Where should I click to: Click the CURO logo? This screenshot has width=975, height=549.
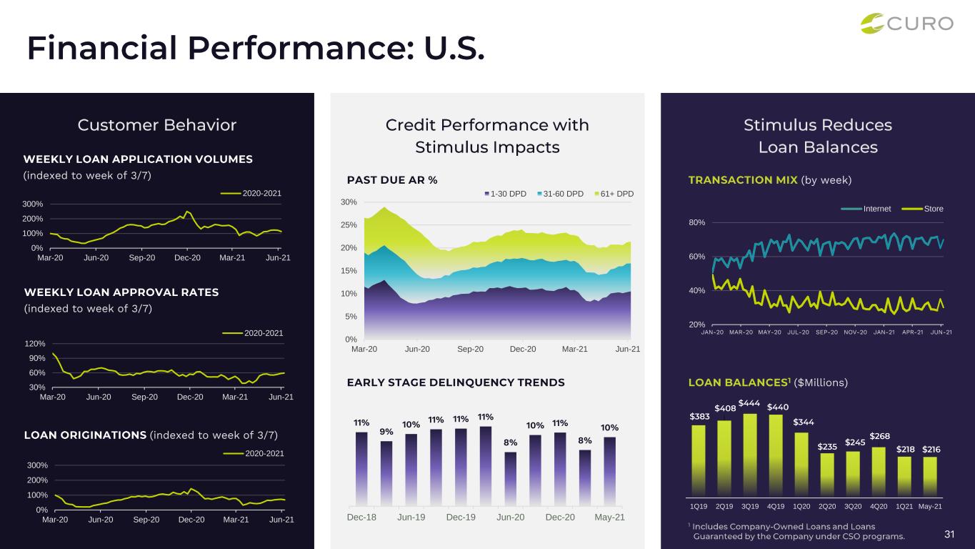tap(906, 23)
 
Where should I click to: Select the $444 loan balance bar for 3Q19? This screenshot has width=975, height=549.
tap(750, 454)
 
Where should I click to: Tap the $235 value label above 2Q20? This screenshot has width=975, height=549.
tap(827, 446)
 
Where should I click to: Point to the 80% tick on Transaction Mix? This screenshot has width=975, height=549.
tap(696, 222)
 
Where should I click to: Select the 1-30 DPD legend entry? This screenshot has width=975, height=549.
tap(506, 194)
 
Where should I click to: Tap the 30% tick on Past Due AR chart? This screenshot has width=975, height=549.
tap(349, 202)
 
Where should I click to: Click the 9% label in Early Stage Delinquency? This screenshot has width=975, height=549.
tap(386, 431)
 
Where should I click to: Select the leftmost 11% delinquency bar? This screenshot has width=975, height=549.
tap(361, 465)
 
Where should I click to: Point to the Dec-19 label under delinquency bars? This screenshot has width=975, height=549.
tap(461, 517)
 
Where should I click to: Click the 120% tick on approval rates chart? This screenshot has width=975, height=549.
tap(36, 343)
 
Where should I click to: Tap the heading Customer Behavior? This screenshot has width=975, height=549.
tap(157, 125)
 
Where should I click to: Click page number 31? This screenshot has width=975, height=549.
tap(950, 534)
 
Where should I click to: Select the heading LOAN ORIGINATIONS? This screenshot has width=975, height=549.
tap(84, 435)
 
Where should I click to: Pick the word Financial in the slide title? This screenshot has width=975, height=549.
tap(101, 47)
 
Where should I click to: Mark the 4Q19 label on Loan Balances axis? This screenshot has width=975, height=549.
tap(776, 507)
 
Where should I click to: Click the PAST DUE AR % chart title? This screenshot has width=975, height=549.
tap(392, 180)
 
